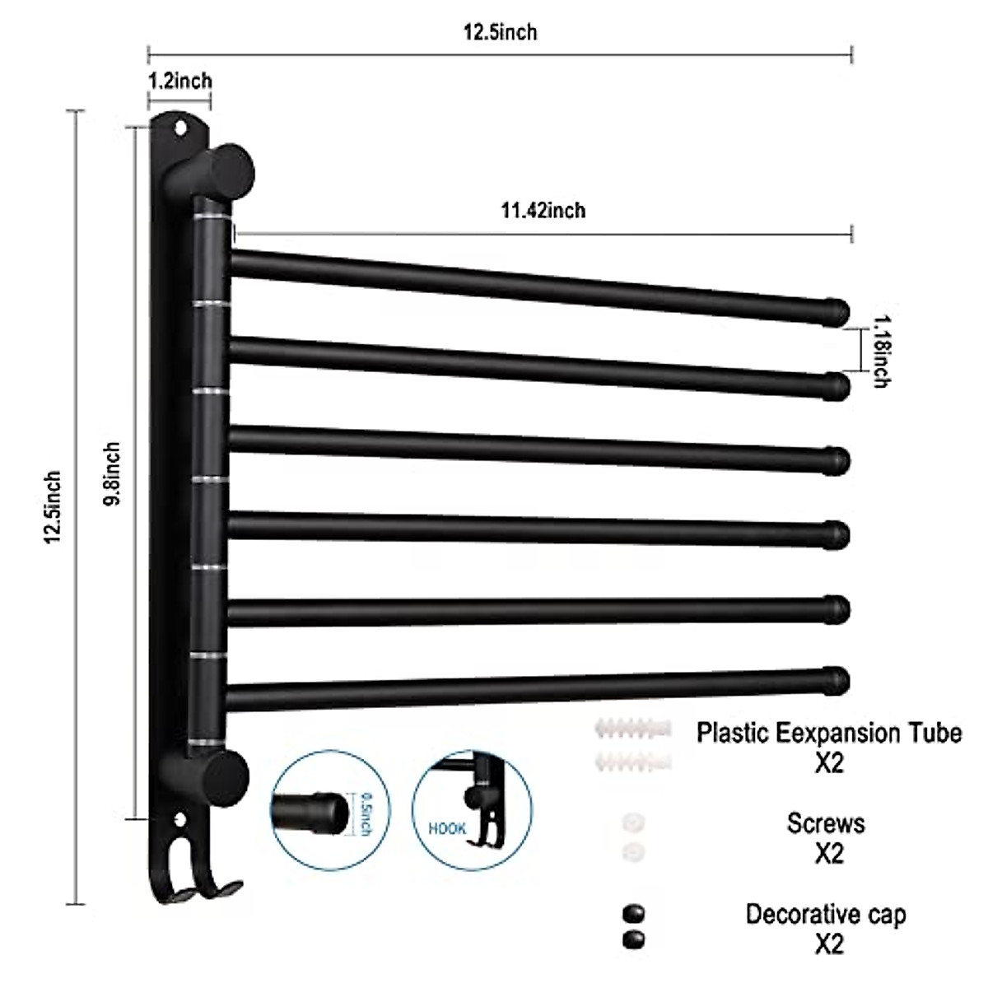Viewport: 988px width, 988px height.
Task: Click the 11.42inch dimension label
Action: pos(543,211)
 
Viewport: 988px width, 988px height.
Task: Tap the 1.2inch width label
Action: pos(179,81)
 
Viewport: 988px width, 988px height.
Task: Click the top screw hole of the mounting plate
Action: pos(180,128)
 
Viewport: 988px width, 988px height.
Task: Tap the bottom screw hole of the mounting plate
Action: pos(180,820)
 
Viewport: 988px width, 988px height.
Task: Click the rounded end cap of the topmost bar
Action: pos(837,311)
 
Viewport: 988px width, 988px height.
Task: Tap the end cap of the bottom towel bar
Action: pos(837,679)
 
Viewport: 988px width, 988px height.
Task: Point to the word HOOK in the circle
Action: pos(447,829)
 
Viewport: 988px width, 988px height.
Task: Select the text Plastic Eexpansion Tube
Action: pos(828,732)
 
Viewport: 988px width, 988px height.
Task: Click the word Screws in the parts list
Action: pos(825,823)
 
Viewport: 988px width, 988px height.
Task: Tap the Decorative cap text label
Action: pos(825,914)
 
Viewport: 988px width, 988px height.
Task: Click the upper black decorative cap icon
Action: pos(633,913)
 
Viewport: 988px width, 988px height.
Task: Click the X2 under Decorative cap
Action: pos(828,944)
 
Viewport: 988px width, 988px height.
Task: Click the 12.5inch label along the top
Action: pos(500,32)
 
